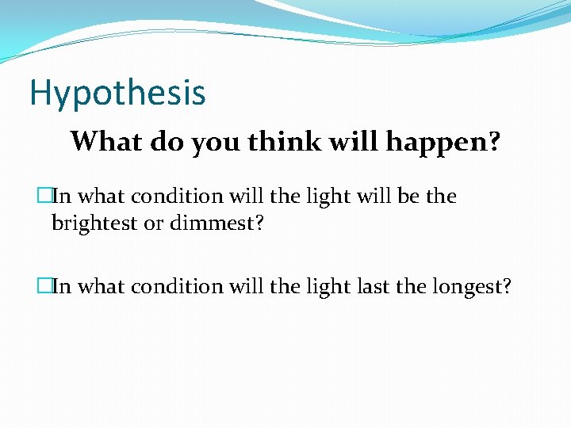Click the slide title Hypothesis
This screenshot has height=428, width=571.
117,94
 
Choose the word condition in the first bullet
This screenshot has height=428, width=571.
173,196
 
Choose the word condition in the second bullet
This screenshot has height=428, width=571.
173,285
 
